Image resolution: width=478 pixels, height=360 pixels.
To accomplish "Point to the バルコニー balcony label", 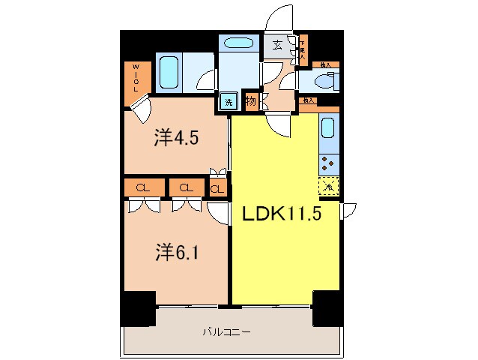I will pyautogui.click(x=226, y=331).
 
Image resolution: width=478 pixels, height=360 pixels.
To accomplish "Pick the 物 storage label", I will pyautogui.click(x=249, y=100).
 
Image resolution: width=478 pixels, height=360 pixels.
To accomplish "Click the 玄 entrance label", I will pyautogui.click(x=276, y=45).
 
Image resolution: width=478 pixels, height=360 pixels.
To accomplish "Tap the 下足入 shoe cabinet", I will pyautogui.click(x=302, y=49).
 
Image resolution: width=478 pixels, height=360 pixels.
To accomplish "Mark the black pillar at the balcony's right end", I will pyautogui.click(x=327, y=307).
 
